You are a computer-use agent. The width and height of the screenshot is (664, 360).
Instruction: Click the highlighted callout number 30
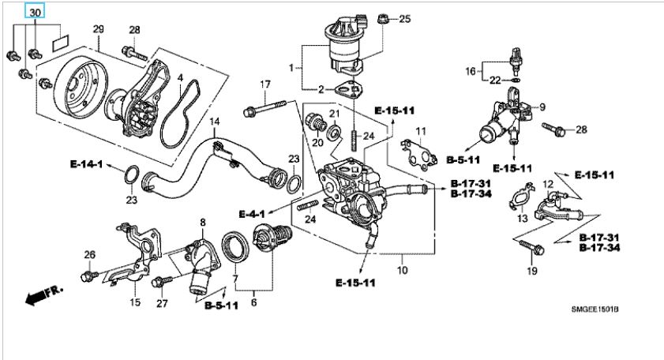pos(35,13)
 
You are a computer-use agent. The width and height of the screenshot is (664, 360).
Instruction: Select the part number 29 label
pos(98,29)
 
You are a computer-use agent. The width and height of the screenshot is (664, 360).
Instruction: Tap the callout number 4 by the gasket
pos(180,78)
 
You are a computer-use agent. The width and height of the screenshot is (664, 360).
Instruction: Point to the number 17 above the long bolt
pos(265,84)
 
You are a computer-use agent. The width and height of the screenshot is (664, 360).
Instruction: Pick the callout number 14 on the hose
pos(215,122)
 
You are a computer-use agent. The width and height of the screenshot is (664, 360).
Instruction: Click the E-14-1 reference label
pos(86,164)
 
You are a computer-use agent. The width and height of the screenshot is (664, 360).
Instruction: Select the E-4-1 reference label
pos(252,214)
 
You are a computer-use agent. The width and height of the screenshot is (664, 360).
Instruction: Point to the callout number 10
pos(403,270)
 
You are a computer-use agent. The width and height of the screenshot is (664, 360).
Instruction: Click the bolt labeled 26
pos(89,276)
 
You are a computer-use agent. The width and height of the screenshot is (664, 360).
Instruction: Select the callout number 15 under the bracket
pos(135,302)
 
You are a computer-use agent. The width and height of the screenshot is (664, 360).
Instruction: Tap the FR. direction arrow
pos(43,294)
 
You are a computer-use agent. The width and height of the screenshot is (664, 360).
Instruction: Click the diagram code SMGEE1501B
pos(595,309)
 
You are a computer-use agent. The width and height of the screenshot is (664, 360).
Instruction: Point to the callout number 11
pos(421,132)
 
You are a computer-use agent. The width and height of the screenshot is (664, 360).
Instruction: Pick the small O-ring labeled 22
pos(515,80)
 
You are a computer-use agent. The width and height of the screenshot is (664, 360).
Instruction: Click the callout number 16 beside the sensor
pos(471,71)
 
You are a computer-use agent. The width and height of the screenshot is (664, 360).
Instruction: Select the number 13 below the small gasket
pos(523,218)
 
